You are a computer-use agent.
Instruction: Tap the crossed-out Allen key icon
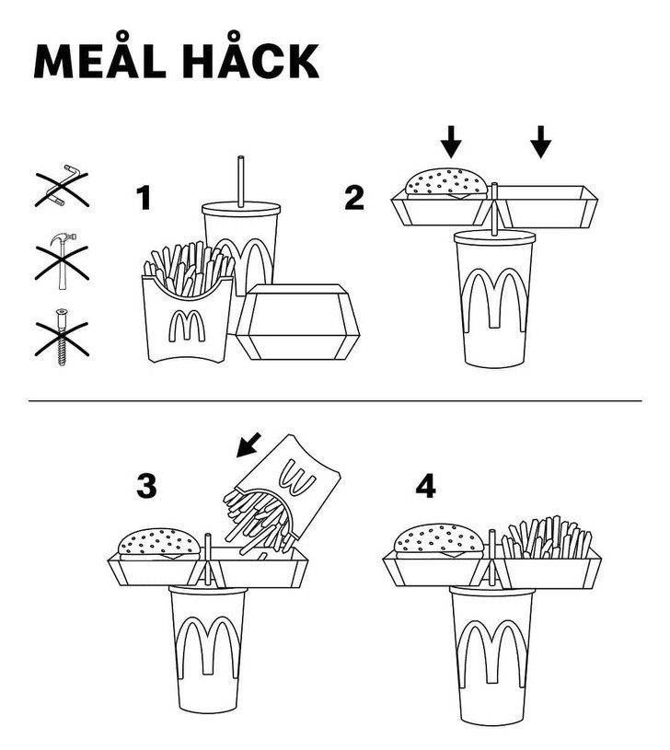pyautogui.click(x=63, y=187)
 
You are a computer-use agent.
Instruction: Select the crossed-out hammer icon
pyautogui.click(x=63, y=261)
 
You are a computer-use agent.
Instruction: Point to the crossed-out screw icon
pyautogui.click(x=62, y=338)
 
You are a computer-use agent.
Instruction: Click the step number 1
pyautogui.click(x=144, y=198)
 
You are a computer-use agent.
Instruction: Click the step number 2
pyautogui.click(x=354, y=198)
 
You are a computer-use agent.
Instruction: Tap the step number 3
pyautogui.click(x=146, y=486)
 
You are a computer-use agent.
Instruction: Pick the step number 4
pyautogui.click(x=425, y=486)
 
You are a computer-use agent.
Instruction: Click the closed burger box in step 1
pyautogui.click(x=297, y=321)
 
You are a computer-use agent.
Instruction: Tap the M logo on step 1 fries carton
pyautogui.click(x=187, y=326)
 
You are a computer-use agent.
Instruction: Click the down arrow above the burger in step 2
pyautogui.click(x=451, y=142)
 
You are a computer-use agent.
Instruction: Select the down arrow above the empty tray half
pyautogui.click(x=541, y=142)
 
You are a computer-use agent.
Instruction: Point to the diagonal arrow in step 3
pyautogui.click(x=249, y=444)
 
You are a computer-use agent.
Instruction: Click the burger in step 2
pyautogui.click(x=446, y=184)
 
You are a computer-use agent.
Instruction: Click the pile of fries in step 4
pyautogui.click(x=547, y=537)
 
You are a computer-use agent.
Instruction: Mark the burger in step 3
pyautogui.click(x=159, y=544)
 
